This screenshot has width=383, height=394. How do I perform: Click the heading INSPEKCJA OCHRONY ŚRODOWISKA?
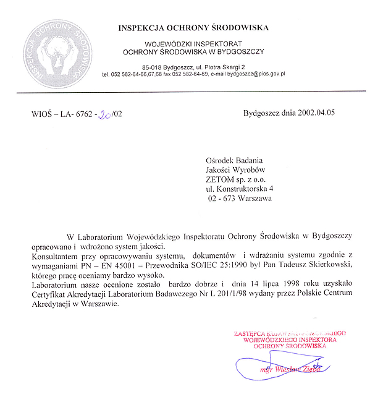[x=194, y=28]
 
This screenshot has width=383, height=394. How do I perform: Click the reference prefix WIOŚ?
[x=41, y=114]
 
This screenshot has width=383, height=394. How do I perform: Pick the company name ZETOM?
[x=221, y=179]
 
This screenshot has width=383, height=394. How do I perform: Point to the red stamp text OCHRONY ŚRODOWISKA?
[x=290, y=347]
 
